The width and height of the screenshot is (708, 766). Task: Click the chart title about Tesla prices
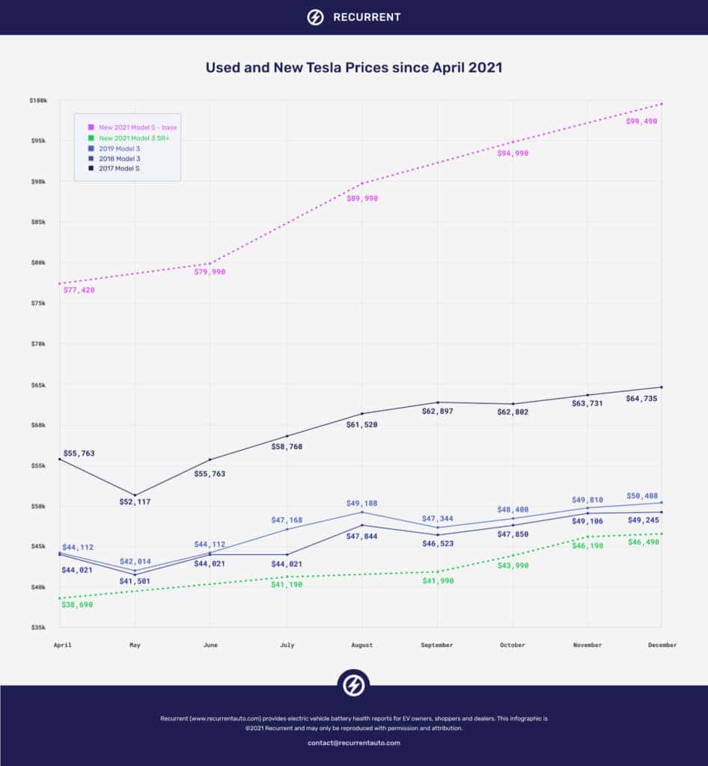(x=354, y=67)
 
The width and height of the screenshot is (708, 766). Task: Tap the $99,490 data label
(x=641, y=120)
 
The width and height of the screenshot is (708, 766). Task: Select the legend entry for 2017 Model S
(x=120, y=169)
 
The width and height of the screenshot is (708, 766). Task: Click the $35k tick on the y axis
(x=38, y=628)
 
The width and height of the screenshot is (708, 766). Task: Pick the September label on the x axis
(x=437, y=645)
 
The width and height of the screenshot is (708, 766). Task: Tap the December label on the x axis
(x=662, y=645)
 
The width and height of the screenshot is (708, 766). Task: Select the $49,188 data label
(x=363, y=503)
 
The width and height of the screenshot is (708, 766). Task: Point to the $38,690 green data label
(x=79, y=604)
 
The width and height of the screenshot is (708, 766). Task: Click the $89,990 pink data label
(x=362, y=198)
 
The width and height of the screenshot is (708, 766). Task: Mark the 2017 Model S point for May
(x=135, y=494)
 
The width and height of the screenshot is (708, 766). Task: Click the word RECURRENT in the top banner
(x=366, y=17)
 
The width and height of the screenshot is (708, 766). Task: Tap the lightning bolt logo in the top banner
(x=316, y=17)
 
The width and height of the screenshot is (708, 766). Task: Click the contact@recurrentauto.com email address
(x=354, y=743)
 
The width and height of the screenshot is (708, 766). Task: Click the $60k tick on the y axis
(x=38, y=425)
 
